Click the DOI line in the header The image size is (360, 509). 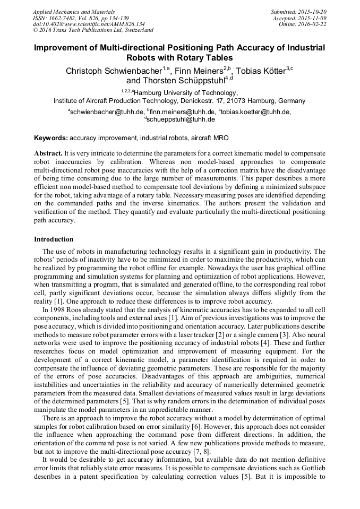point(89,24)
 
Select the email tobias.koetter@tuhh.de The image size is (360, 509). point(256,112)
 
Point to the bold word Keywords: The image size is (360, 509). point(50,138)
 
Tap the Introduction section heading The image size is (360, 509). point(54,239)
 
